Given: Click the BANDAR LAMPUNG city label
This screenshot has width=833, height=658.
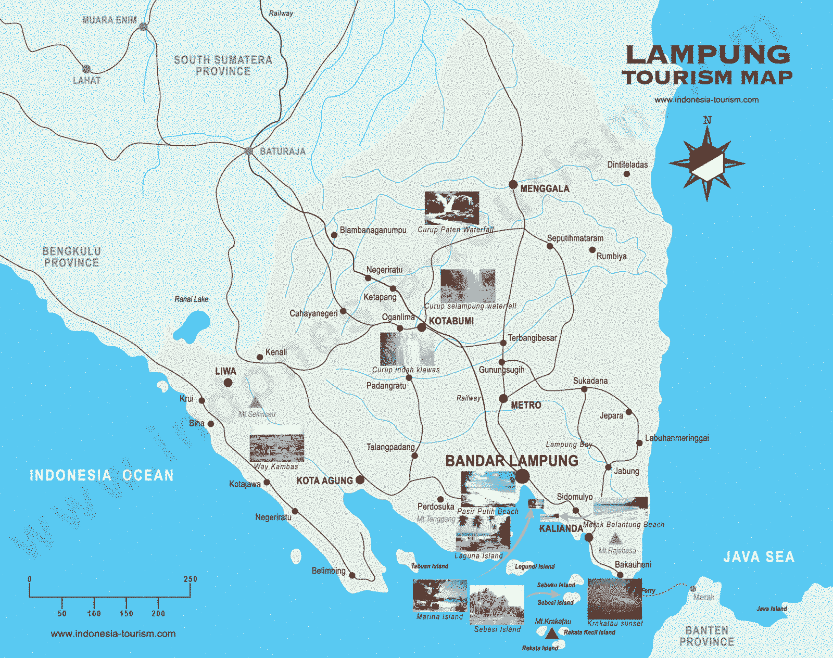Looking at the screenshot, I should [x=512, y=461].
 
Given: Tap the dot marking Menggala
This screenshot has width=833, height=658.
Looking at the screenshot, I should [x=513, y=185].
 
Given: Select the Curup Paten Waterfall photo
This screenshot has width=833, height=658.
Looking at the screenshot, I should [x=451, y=208].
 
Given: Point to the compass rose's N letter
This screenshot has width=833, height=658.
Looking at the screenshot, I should [x=707, y=120].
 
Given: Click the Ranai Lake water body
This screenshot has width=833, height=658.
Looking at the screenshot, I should [x=191, y=326].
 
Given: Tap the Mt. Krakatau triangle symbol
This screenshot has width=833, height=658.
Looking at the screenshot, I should [x=551, y=633].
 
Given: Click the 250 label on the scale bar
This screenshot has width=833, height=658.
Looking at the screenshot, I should [x=191, y=579].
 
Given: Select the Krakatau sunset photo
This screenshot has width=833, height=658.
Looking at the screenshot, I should [x=614, y=599].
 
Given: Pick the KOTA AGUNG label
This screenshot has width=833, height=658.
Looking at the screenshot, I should [x=324, y=480].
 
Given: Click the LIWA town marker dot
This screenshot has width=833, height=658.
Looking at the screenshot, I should [x=228, y=383].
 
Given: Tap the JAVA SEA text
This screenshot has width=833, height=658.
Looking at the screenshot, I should [x=759, y=557].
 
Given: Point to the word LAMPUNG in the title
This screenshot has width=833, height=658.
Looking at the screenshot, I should [x=708, y=55].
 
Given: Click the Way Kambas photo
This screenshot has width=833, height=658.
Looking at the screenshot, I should [x=276, y=448].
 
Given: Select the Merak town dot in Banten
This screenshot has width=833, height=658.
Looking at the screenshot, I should [x=692, y=589].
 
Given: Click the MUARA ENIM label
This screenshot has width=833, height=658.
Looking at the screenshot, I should [x=109, y=20].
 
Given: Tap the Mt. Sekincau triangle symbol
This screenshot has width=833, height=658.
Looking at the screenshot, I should [x=256, y=402].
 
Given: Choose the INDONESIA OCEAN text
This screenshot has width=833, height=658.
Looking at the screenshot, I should [x=102, y=475].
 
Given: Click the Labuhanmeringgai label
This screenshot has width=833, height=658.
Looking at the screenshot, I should [x=677, y=438].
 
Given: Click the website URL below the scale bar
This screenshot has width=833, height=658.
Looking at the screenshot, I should [x=113, y=634].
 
